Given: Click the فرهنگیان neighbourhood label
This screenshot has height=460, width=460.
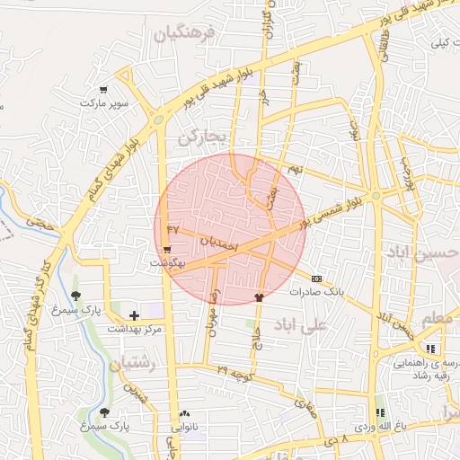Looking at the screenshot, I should click(185, 35).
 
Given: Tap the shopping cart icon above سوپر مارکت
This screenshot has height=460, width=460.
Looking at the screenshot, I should click(104, 90).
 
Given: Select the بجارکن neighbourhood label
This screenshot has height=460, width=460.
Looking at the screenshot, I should click(205, 138).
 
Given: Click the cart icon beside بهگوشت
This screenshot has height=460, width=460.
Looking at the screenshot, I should click(168, 250).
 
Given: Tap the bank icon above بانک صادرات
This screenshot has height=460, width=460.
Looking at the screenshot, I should click(315, 278).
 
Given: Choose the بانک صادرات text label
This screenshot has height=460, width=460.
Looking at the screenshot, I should click(316, 292).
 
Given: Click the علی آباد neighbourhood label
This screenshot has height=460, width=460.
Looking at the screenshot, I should click(332, 328).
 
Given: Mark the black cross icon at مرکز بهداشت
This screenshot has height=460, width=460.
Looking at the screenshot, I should click(135, 315).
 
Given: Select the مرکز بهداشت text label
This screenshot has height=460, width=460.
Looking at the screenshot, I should click(134, 330).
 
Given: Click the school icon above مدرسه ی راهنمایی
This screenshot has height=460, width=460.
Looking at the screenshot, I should click(430, 349).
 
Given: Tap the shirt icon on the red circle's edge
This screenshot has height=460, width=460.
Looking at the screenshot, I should click(259, 296).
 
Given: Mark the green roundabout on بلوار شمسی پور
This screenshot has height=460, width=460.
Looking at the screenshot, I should click(376, 195).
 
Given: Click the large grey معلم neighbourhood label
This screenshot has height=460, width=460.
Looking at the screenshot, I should click(438, 319).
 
